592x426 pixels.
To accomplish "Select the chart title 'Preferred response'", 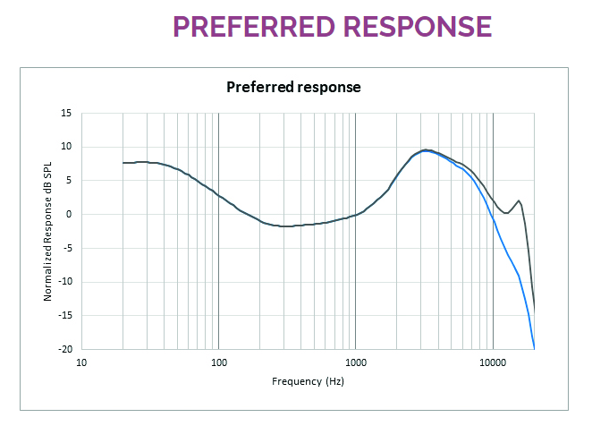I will tap(293, 88).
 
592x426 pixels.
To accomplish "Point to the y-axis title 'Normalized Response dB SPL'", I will tap(48, 230).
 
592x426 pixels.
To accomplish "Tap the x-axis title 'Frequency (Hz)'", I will tap(308, 381).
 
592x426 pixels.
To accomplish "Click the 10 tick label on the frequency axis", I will tap(81, 362).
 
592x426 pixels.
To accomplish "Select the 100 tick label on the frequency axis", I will tap(218, 362).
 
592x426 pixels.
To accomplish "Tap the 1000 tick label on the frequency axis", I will tap(356, 362).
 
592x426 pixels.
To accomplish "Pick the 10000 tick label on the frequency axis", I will tap(493, 362).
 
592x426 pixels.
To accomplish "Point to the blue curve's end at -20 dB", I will tap(534, 347).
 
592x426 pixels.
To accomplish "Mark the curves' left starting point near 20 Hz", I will tap(123, 163).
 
